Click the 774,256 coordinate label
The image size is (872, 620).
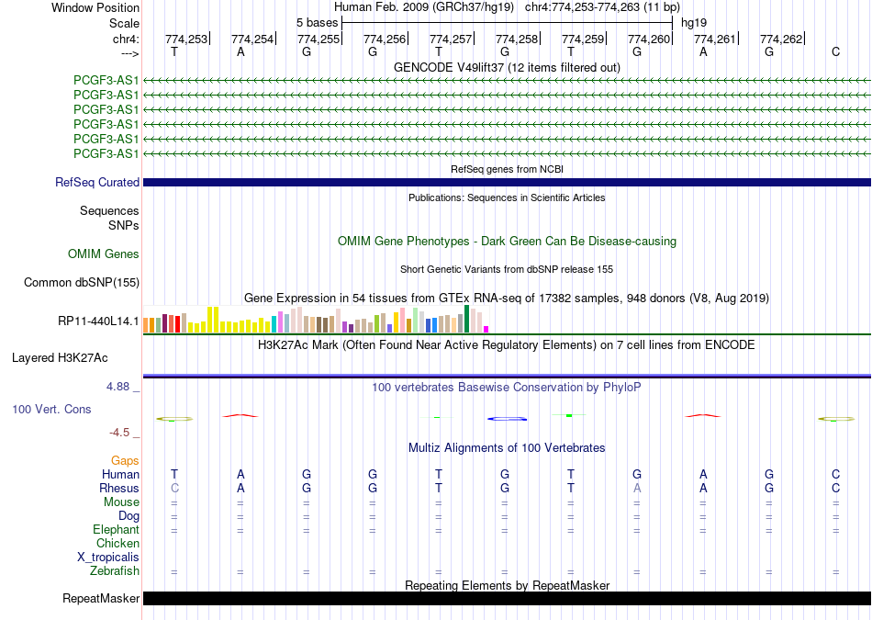[385, 39]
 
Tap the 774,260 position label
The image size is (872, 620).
[649, 39]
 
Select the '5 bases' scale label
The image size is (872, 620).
[317, 23]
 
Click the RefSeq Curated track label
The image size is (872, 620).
[97, 182]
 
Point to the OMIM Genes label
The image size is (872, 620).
[104, 254]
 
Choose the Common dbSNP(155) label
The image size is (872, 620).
[82, 282]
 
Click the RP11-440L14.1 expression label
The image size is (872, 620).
[98, 321]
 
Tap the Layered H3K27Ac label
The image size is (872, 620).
[60, 358]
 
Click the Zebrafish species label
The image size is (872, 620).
[115, 570]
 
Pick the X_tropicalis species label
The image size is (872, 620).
[108, 558]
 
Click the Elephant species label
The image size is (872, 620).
[117, 529]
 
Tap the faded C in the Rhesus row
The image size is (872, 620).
[174, 488]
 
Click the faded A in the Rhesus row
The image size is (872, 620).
[637, 488]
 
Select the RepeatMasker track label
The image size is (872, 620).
[101, 598]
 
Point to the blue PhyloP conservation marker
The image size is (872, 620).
[507, 419]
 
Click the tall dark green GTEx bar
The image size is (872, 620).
[466, 319]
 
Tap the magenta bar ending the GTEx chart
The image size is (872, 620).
[486, 330]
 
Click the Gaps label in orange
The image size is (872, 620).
[125, 460]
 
